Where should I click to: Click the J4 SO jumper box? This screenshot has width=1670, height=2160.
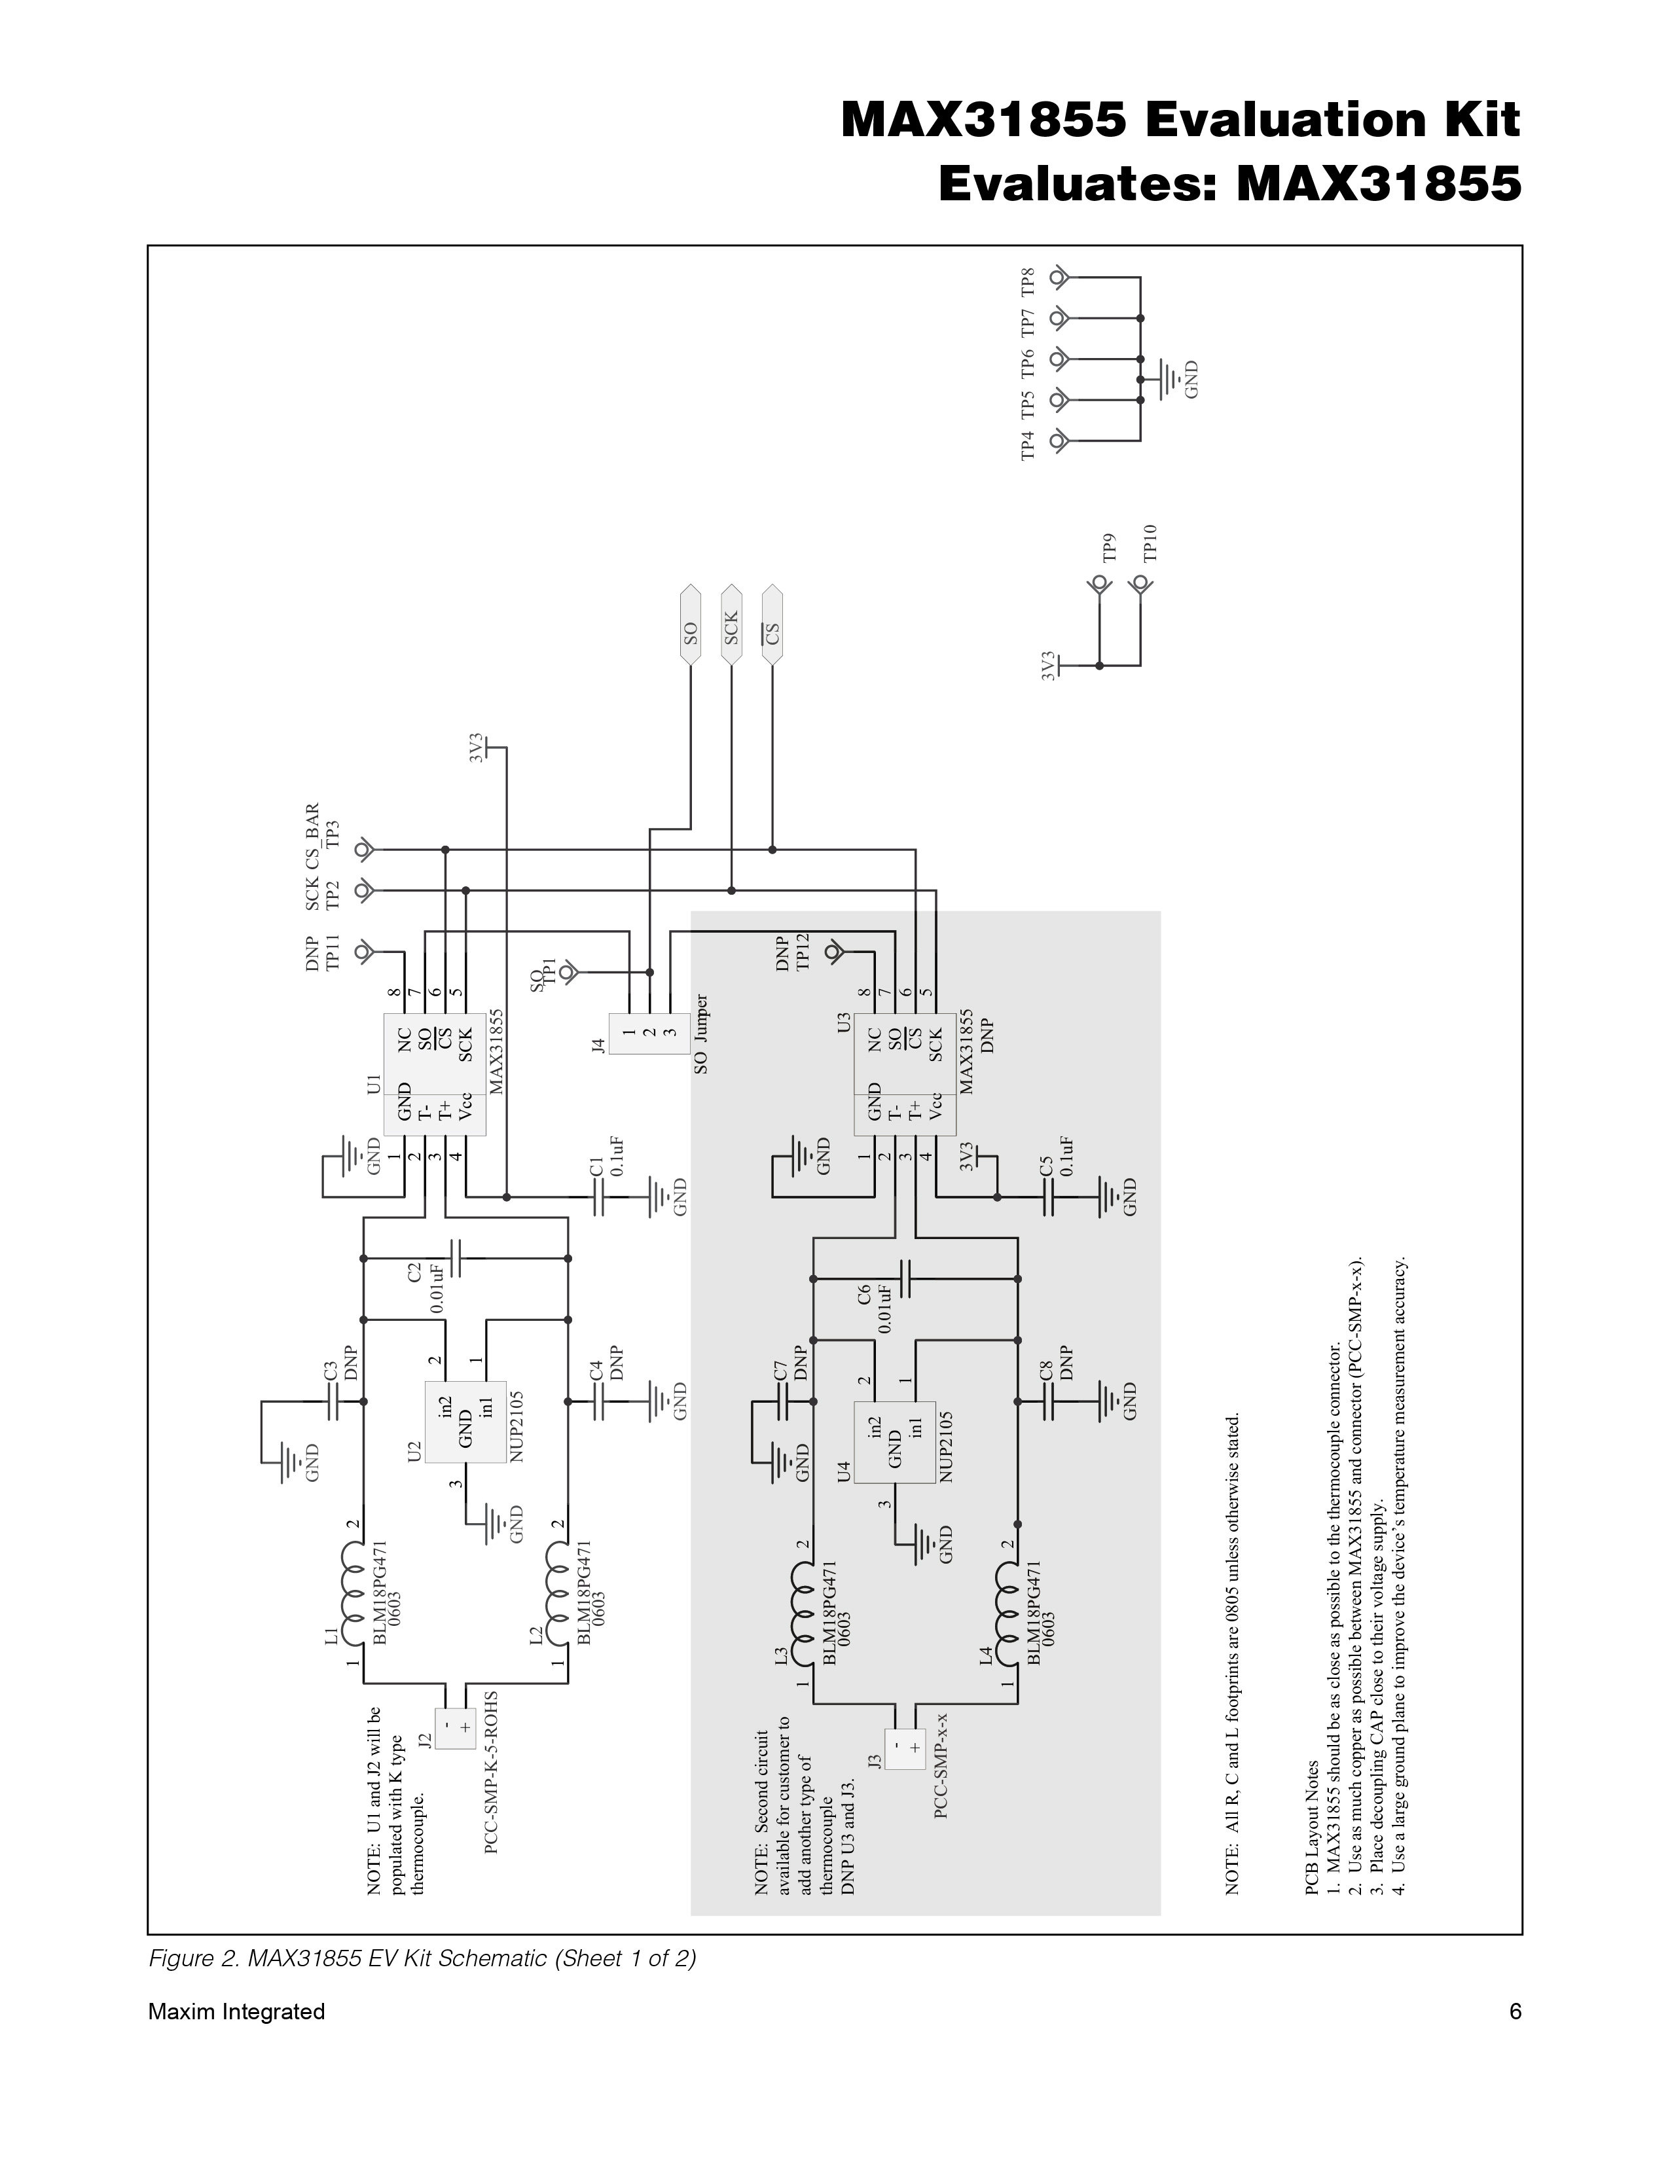tap(649, 1032)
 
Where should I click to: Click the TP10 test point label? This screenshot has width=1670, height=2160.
tap(1150, 544)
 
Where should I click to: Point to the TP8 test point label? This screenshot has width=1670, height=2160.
tap(1028, 282)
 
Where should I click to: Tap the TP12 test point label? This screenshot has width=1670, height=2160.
tap(803, 952)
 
